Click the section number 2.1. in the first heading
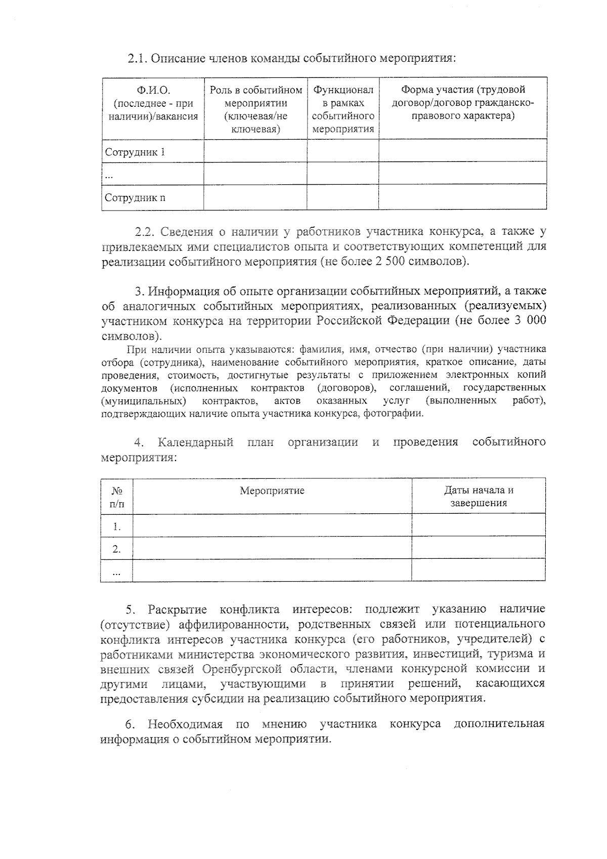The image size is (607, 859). click(x=138, y=58)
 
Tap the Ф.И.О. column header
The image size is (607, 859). click(x=153, y=103)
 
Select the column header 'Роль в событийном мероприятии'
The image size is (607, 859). click(x=255, y=109)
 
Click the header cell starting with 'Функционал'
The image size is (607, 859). click(x=343, y=109)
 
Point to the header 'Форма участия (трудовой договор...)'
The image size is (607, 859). click(x=462, y=103)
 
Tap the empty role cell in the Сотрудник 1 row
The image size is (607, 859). click(x=255, y=151)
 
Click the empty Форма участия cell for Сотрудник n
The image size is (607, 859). click(x=462, y=197)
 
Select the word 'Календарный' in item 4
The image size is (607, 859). click(x=195, y=442)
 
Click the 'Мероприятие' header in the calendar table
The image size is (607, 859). click(x=272, y=490)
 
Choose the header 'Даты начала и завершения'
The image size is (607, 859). click(x=479, y=497)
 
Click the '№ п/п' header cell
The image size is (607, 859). click(x=117, y=497)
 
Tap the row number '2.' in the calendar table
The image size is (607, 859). click(x=117, y=549)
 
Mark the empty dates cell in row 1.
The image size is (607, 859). click(x=479, y=525)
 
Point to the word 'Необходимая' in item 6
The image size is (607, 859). click(x=185, y=724)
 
